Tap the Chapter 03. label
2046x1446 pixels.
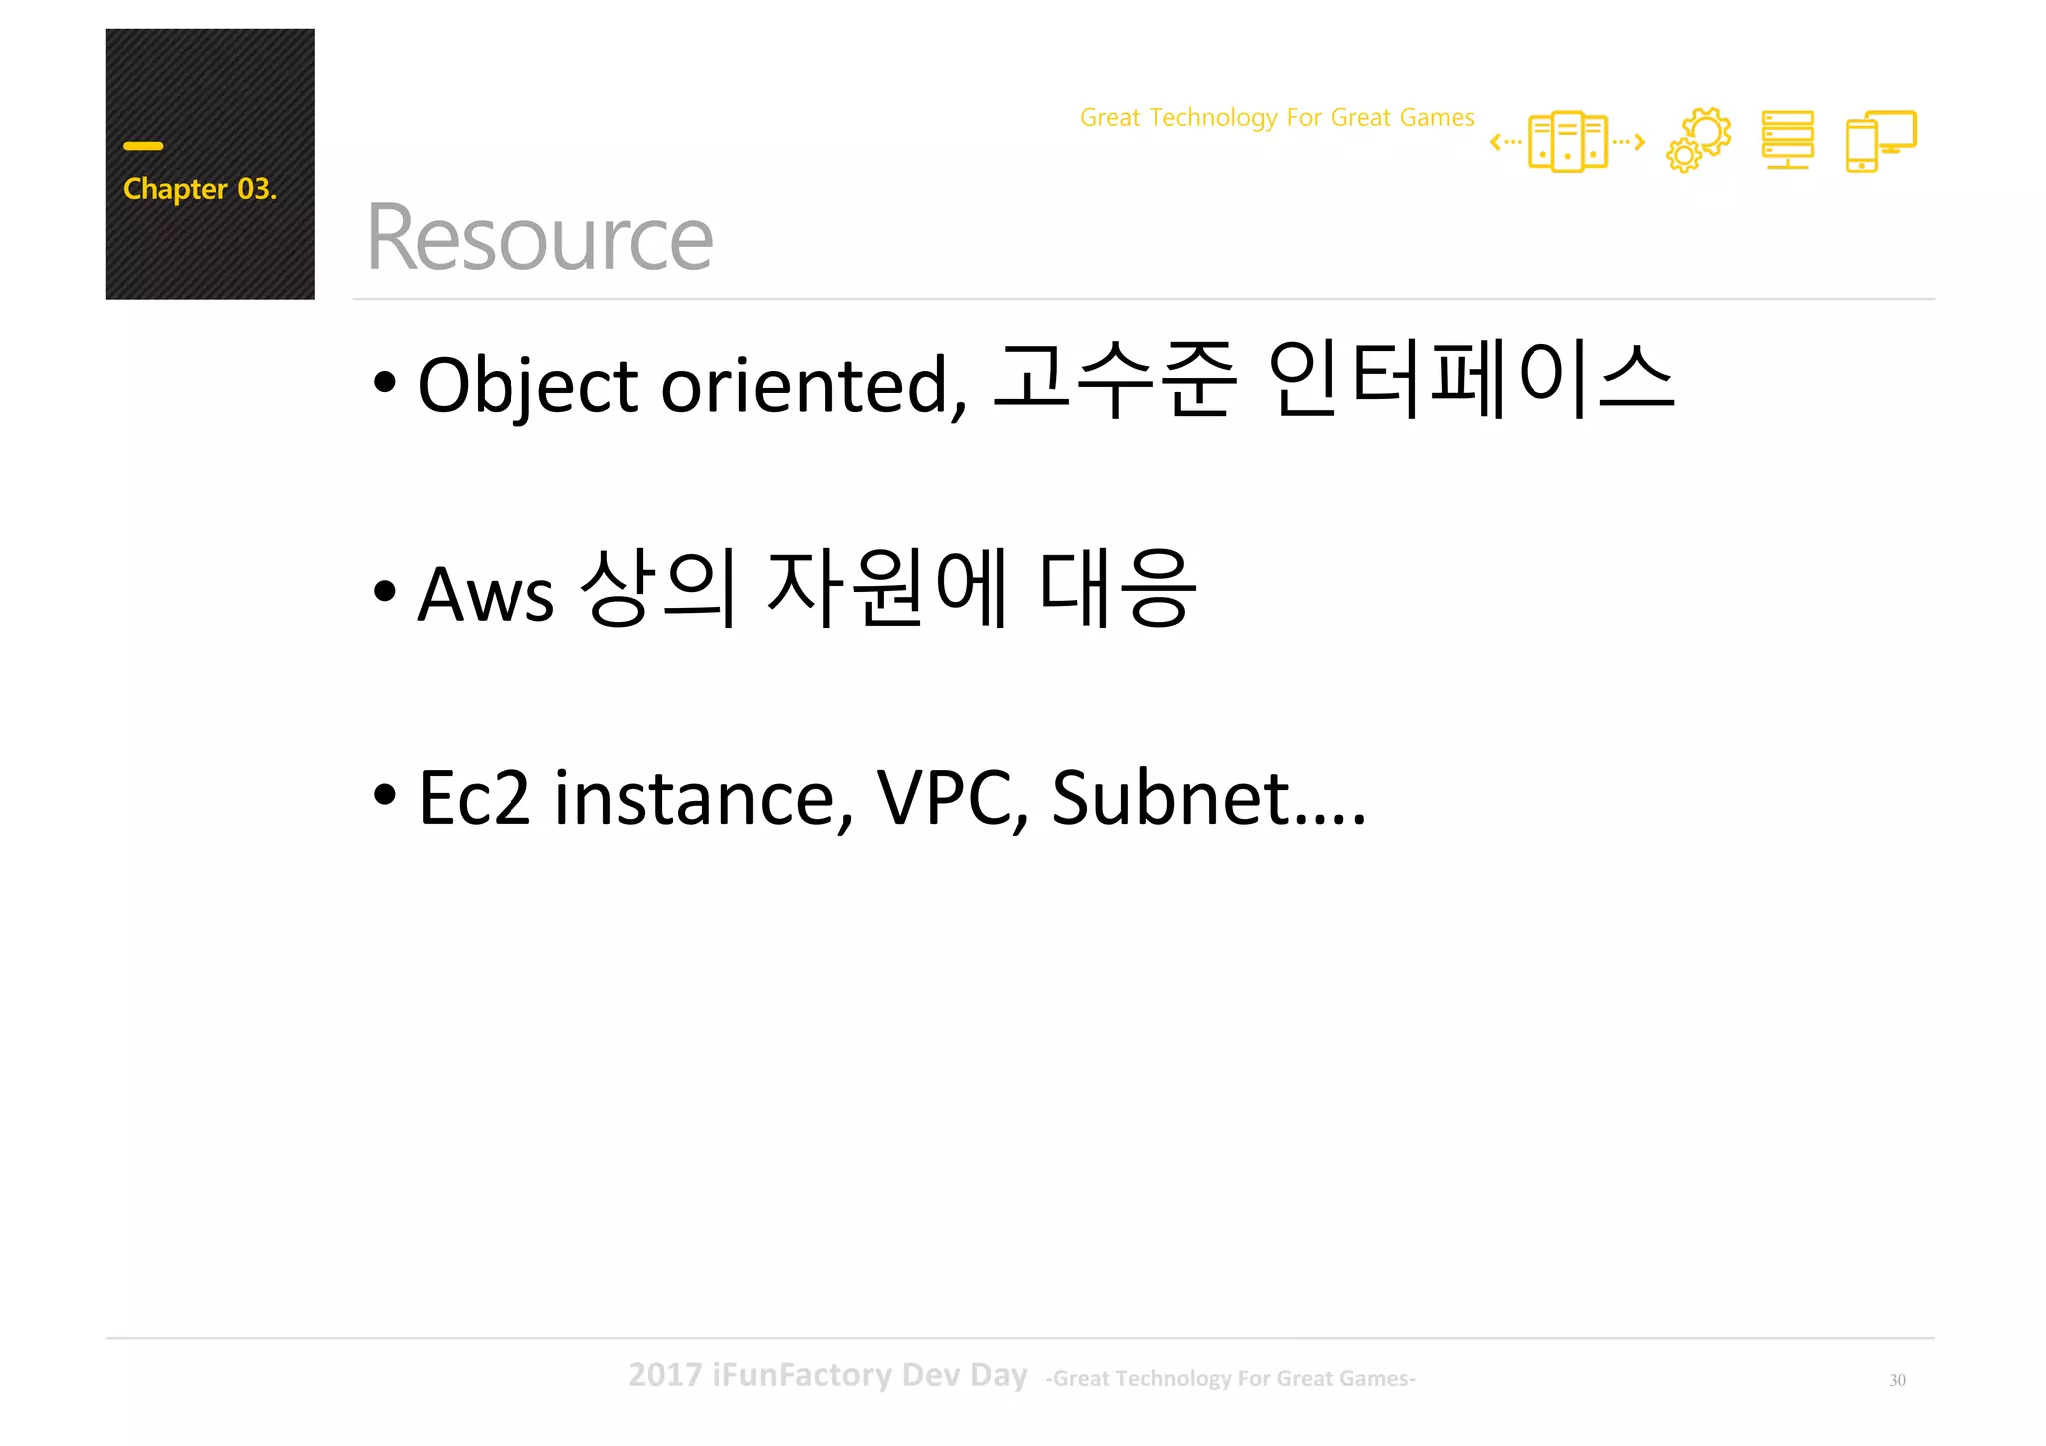point(199,189)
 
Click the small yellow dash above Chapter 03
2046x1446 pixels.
point(143,146)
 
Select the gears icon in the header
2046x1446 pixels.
point(1698,140)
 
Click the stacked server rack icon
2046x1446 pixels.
point(1787,140)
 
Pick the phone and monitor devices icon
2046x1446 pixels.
point(1880,141)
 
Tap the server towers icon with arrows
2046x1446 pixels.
point(1566,142)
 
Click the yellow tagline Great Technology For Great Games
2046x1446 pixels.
point(1276,118)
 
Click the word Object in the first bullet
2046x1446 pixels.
point(527,385)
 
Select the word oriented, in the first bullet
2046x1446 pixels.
point(813,385)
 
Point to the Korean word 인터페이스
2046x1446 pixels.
point(1470,380)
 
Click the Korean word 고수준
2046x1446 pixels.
point(1115,380)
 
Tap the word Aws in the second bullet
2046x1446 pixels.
point(485,594)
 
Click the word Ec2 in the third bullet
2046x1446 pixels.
point(474,798)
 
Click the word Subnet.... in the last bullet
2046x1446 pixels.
point(1207,798)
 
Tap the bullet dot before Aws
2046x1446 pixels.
point(384,591)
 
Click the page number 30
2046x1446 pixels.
point(1897,1380)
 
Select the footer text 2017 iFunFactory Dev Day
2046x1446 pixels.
point(827,1375)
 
